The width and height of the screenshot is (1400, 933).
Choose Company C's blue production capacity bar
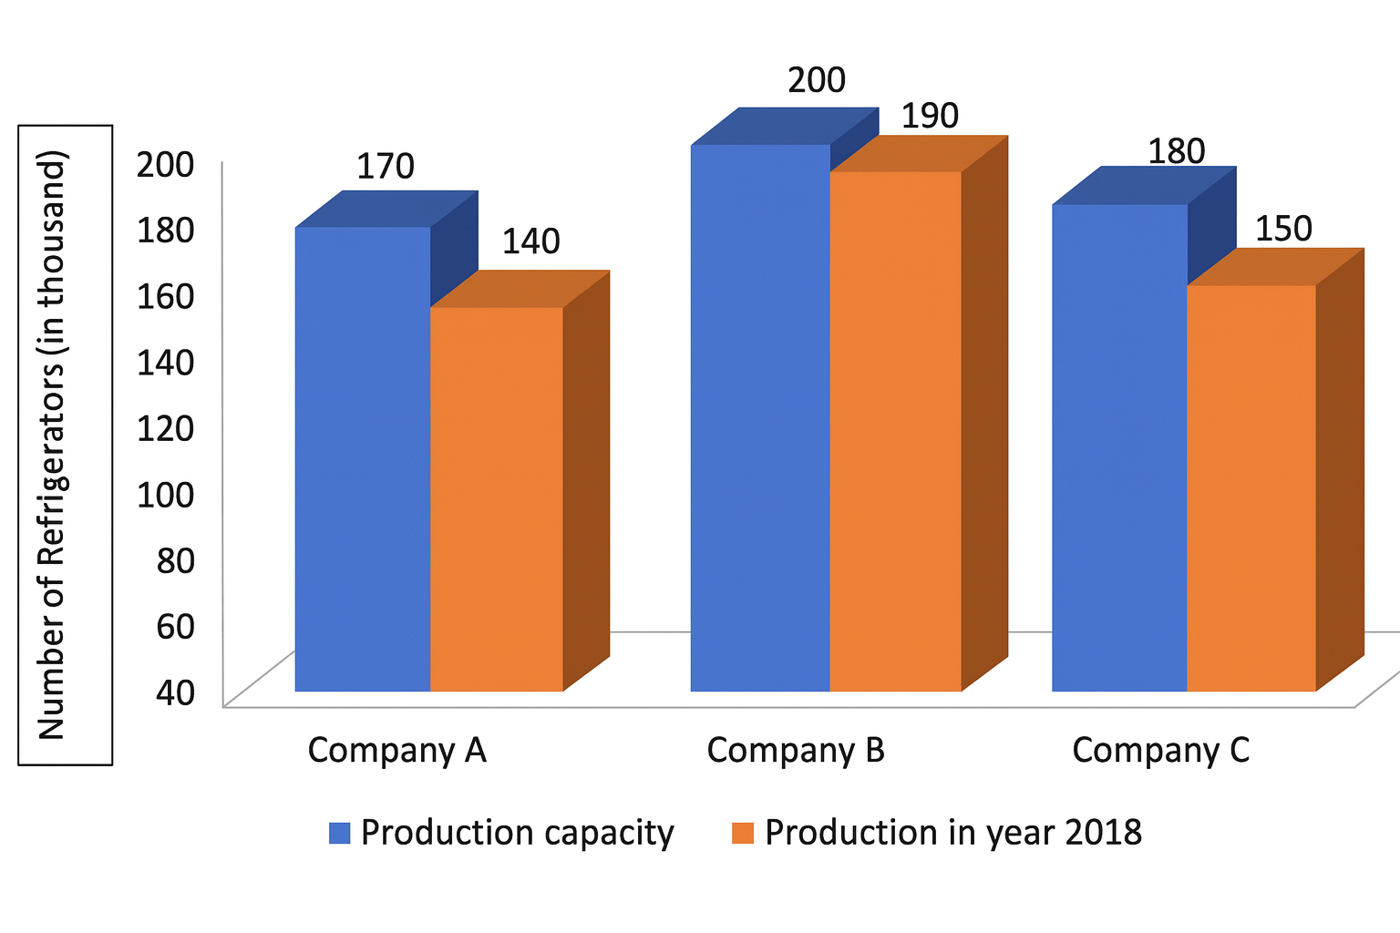pyautogui.click(x=1119, y=447)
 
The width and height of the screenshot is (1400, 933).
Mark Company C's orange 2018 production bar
pyautogui.click(x=1251, y=487)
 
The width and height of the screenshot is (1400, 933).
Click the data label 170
pyautogui.click(x=385, y=167)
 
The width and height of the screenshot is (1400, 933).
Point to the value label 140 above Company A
pyautogui.click(x=530, y=241)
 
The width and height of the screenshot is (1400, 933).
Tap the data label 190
pyautogui.click(x=930, y=116)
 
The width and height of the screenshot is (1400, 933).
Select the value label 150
pyautogui.click(x=1283, y=229)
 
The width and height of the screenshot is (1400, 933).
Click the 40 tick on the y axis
pyautogui.click(x=175, y=692)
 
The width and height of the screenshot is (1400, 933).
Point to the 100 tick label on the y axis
pyautogui.click(x=165, y=494)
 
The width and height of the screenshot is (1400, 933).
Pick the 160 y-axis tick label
pyautogui.click(x=165, y=296)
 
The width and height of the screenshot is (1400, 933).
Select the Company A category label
pyautogui.click(x=396, y=750)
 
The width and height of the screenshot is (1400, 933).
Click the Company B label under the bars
pyautogui.click(x=796, y=750)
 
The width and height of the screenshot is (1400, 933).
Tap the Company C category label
pyautogui.click(x=1160, y=750)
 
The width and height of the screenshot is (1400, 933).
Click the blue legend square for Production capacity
pyautogui.click(x=339, y=833)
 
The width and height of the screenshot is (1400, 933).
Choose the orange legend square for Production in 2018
pyautogui.click(x=743, y=833)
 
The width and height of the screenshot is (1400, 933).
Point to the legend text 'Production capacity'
pyautogui.click(x=517, y=833)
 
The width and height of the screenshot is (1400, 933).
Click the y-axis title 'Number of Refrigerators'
pyautogui.click(x=53, y=445)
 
